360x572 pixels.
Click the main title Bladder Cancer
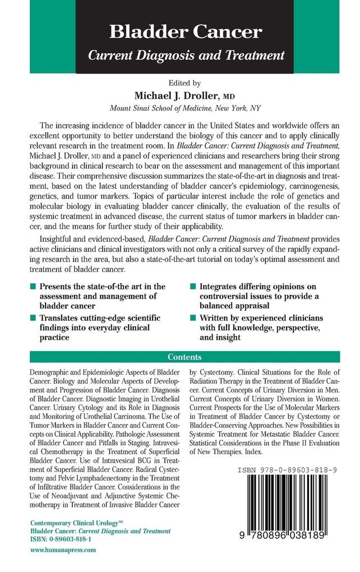tap(186, 32)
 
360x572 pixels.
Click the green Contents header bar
tap(186, 357)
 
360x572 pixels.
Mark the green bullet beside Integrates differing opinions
tap(192, 286)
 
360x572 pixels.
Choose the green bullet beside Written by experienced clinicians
tap(192, 318)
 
